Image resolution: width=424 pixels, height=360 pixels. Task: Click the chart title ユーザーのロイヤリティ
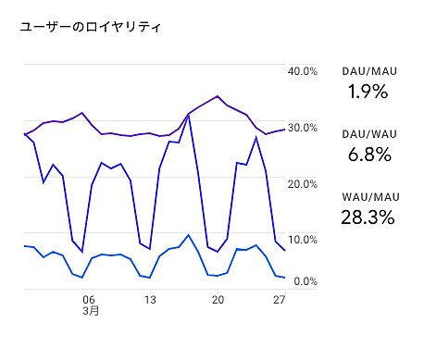[x=91, y=28]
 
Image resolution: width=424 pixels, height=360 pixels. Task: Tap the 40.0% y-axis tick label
[x=304, y=71]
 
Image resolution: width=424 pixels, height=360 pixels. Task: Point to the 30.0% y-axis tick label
[x=304, y=128]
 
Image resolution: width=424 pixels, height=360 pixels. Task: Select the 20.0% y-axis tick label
[x=304, y=183]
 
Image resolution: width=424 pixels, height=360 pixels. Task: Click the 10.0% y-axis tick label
[x=304, y=239]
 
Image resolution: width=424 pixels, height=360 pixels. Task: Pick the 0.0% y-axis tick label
[x=306, y=281]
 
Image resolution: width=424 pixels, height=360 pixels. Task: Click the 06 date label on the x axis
[x=89, y=300]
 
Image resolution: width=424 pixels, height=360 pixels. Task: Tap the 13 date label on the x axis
[x=150, y=300]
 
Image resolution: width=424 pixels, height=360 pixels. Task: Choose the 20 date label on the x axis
[x=218, y=300]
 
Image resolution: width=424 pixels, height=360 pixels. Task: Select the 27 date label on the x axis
[x=278, y=300]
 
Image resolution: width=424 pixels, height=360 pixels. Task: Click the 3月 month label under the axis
[x=90, y=312]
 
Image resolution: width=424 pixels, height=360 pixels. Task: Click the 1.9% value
[x=368, y=92]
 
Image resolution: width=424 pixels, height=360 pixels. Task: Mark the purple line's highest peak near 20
[x=218, y=95]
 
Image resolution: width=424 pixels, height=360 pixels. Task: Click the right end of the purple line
[x=284, y=130]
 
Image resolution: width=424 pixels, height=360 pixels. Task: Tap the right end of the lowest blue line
[x=284, y=278]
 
